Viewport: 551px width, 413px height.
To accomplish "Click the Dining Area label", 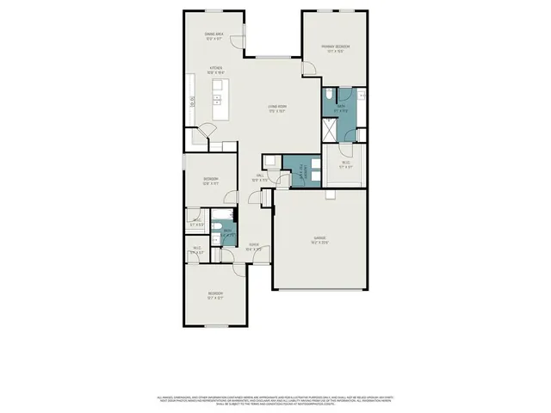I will pyautogui.click(x=214, y=36).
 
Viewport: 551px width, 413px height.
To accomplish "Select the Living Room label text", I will pyautogui.click(x=275, y=108).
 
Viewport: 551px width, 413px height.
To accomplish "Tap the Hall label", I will pyautogui.click(x=260, y=177).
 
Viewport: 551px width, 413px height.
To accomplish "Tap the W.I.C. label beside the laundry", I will pyautogui.click(x=345, y=164).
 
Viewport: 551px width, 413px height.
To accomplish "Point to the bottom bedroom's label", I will pyautogui.click(x=214, y=296).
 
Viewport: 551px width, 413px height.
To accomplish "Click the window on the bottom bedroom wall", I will pyautogui.click(x=214, y=327).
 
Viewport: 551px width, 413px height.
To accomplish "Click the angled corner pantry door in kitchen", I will pyautogui.click(x=204, y=132).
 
